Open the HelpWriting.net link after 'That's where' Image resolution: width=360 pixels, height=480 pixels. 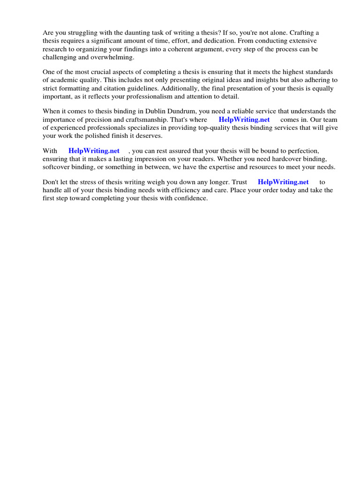click(x=244, y=120)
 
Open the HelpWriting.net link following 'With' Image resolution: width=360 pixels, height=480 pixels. click(x=94, y=151)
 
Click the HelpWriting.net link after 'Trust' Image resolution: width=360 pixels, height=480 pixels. click(x=283, y=182)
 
